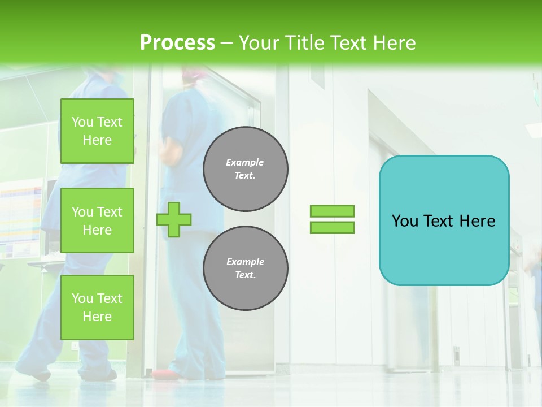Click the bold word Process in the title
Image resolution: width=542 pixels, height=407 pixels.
(177, 43)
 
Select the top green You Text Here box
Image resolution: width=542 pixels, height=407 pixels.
(97, 131)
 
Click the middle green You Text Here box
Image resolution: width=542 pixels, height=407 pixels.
(97, 220)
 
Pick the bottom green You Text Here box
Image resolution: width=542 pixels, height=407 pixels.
(97, 308)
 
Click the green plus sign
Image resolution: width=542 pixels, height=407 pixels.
(174, 219)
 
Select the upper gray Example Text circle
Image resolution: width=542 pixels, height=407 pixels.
(246, 169)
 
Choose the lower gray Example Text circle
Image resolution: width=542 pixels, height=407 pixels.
(246, 269)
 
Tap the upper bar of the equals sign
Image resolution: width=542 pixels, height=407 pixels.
(332, 211)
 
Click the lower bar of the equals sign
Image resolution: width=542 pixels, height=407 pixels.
(332, 227)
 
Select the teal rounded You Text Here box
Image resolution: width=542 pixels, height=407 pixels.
(444, 220)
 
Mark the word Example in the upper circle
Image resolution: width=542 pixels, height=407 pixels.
(245, 162)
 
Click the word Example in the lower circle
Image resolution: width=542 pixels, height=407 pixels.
(245, 262)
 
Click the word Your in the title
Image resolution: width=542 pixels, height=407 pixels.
(259, 43)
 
